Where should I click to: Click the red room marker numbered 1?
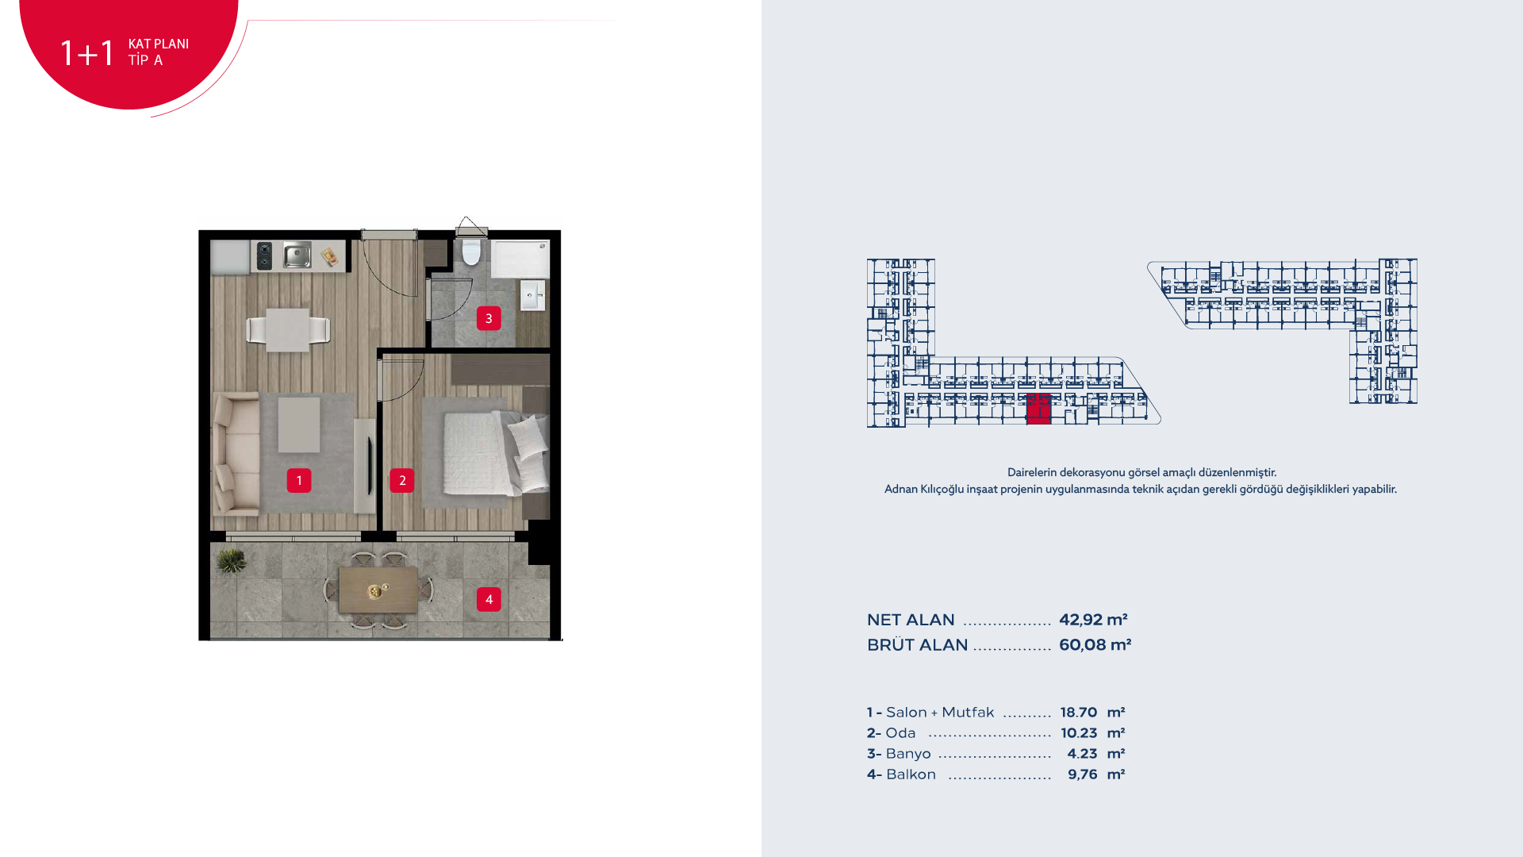pyautogui.click(x=299, y=480)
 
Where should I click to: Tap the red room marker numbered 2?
pyautogui.click(x=402, y=480)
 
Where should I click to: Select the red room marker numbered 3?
pyautogui.click(x=489, y=318)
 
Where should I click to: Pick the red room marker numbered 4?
pyautogui.click(x=489, y=599)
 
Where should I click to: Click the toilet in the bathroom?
pyautogui.click(x=471, y=252)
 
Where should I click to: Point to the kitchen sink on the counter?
pyautogui.click(x=297, y=256)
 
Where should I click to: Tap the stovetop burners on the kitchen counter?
pyautogui.click(x=265, y=256)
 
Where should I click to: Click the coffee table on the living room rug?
pyautogui.click(x=299, y=425)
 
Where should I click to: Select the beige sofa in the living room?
pyautogui.click(x=236, y=453)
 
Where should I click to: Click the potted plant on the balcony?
pyautogui.click(x=232, y=561)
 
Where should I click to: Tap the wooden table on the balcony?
pyautogui.click(x=378, y=590)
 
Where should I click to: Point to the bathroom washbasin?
pyautogui.click(x=532, y=295)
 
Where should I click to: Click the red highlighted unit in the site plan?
pyautogui.click(x=1038, y=409)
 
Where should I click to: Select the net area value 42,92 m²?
pyautogui.click(x=1093, y=620)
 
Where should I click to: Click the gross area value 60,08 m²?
pyautogui.click(x=1095, y=645)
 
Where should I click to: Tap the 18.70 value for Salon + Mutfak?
pyautogui.click(x=1079, y=713)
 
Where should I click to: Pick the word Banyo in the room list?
pyautogui.click(x=908, y=754)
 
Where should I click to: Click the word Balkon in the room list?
pyautogui.click(x=911, y=774)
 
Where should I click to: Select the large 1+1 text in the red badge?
pyautogui.click(x=87, y=53)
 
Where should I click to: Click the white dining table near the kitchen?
pyautogui.click(x=287, y=329)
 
